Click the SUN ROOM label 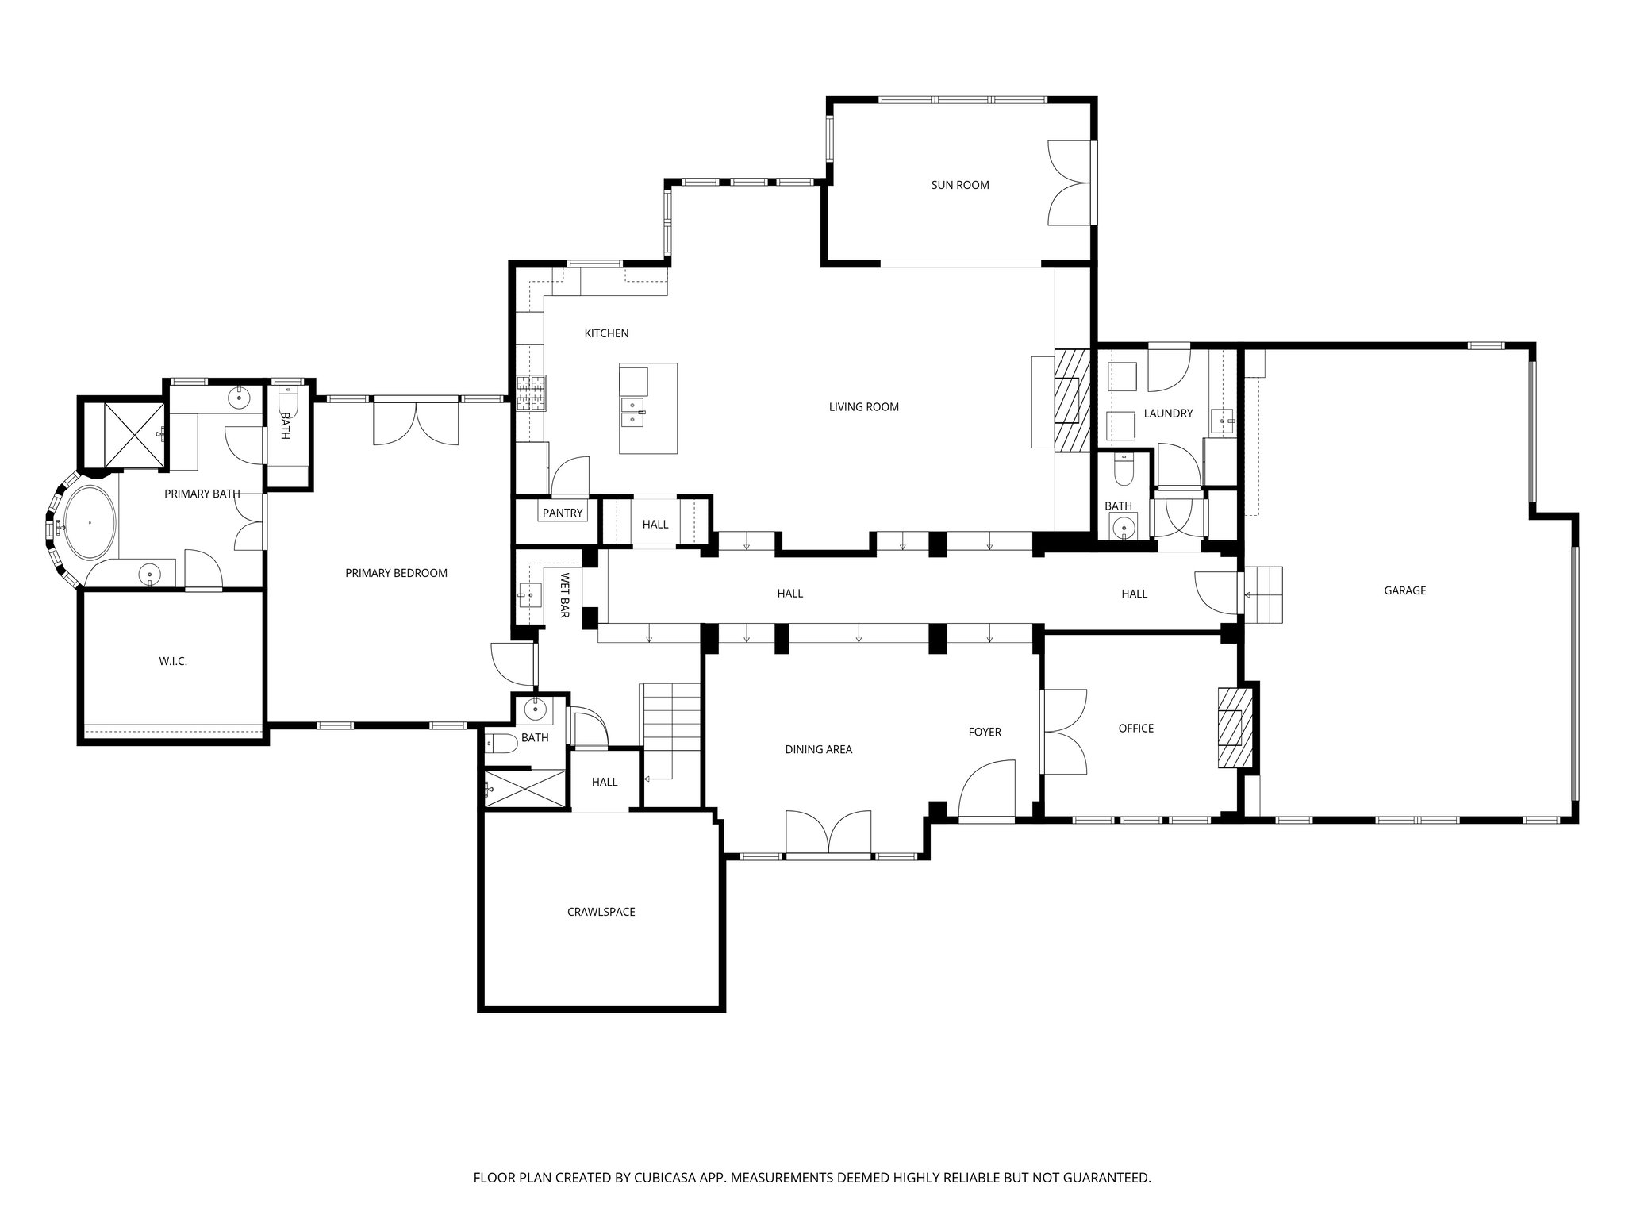point(959,185)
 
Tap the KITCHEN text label point(606,333)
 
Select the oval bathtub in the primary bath point(90,523)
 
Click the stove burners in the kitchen point(531,393)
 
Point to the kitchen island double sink point(632,411)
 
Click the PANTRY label point(563,513)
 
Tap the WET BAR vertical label point(565,595)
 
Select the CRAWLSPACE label point(601,912)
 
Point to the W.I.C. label point(173,661)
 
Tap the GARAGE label point(1404,590)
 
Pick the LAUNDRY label point(1168,413)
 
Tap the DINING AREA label point(818,749)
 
